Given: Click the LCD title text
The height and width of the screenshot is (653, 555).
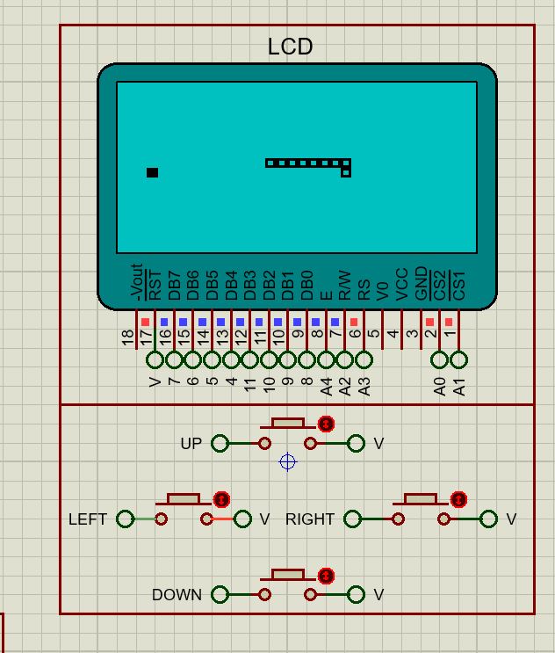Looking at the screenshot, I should pyautogui.click(x=290, y=47).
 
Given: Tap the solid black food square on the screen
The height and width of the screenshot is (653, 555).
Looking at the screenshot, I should pyautogui.click(x=152, y=172).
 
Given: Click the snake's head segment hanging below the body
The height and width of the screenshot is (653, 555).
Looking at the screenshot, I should pyautogui.click(x=346, y=172).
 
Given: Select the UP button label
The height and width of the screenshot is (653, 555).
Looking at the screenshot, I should pyautogui.click(x=191, y=444).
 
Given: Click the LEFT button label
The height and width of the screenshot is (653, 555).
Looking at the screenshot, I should pyautogui.click(x=87, y=519).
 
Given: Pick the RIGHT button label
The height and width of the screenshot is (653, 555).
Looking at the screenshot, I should pyautogui.click(x=310, y=519).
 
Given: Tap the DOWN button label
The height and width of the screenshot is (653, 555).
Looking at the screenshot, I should pyautogui.click(x=177, y=595).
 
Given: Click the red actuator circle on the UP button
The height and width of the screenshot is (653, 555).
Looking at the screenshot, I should pyautogui.click(x=327, y=424).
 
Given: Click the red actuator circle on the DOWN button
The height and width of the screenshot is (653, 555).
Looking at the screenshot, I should pyautogui.click(x=327, y=577).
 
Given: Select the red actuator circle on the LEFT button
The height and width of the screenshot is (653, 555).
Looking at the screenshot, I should pyautogui.click(x=222, y=499).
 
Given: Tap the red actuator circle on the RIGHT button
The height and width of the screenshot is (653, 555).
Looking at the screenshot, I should pyautogui.click(x=458, y=499).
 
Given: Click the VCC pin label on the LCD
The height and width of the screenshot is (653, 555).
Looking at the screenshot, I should pyautogui.click(x=401, y=285).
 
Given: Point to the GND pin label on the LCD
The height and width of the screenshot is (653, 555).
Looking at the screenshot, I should pyautogui.click(x=421, y=284).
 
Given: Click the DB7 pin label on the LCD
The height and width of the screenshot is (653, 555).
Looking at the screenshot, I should pyautogui.click(x=174, y=285).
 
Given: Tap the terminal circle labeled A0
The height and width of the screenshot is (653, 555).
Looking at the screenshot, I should pyautogui.click(x=440, y=359).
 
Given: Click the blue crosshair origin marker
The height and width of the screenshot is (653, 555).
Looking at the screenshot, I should pyautogui.click(x=287, y=462).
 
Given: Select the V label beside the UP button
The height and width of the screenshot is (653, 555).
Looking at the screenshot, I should pyautogui.click(x=378, y=444).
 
